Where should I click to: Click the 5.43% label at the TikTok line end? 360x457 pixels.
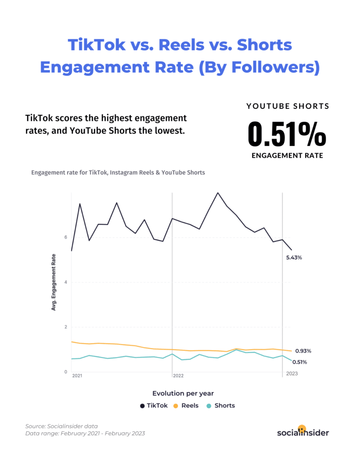tap(294, 258)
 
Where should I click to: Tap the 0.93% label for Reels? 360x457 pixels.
tap(303, 351)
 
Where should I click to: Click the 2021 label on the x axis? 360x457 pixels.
tap(77, 376)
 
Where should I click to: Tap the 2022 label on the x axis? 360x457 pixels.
tap(178, 376)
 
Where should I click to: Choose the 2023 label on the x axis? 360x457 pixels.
tap(291, 373)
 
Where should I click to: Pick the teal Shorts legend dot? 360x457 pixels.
tap(208, 406)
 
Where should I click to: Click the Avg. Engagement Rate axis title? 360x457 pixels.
tap(54, 282)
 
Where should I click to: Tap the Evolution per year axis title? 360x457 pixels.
tap(183, 394)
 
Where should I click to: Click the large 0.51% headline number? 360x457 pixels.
tap(287, 133)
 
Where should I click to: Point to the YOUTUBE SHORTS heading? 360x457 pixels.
tap(288, 106)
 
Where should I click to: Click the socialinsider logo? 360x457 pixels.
tap(303, 432)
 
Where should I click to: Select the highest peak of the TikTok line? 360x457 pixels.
tap(218, 193)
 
